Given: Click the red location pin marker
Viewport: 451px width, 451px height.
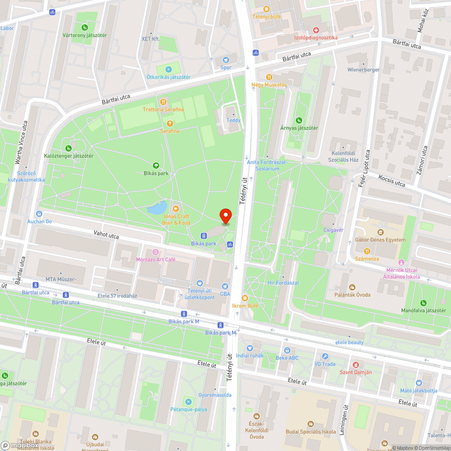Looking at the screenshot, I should pos(225,216).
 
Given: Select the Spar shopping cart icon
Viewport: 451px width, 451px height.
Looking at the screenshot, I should pos(226,60).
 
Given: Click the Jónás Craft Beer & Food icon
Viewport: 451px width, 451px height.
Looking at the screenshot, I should pos(176,208).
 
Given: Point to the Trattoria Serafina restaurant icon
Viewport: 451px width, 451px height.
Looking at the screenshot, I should pos(163,101).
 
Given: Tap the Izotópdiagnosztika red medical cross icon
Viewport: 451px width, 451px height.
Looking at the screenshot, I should pos(316,30).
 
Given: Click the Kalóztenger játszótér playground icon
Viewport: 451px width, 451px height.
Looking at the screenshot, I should pos(69,148).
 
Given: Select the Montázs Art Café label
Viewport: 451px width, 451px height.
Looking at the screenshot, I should pos(156,259).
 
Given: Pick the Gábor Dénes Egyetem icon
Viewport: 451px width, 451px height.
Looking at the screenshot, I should pos(380,232).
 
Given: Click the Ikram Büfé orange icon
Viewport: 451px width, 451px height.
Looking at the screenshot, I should pos(245,298).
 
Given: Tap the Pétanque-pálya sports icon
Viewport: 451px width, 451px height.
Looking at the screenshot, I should pos(188,401).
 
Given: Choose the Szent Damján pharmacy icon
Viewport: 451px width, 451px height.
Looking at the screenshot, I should pos(355,364).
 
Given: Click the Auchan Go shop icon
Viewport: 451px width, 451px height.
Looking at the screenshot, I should pos(39,214).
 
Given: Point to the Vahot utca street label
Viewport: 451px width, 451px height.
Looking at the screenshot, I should pos(106,235).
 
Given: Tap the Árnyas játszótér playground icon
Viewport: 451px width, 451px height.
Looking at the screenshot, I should pos(299,120).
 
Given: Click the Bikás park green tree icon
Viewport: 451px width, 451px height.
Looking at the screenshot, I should pos(156,166).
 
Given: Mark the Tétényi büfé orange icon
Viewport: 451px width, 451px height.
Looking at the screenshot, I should pos(266,9).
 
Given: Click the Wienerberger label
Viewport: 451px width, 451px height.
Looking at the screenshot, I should pos(363,70).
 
